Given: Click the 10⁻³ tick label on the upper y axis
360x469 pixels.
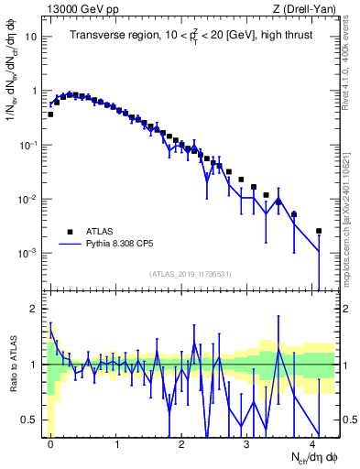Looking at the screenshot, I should tap(27, 253).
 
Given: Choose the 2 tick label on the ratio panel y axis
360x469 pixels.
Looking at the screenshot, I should tap(33, 308).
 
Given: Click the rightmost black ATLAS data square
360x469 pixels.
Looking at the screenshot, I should tap(319, 231).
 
